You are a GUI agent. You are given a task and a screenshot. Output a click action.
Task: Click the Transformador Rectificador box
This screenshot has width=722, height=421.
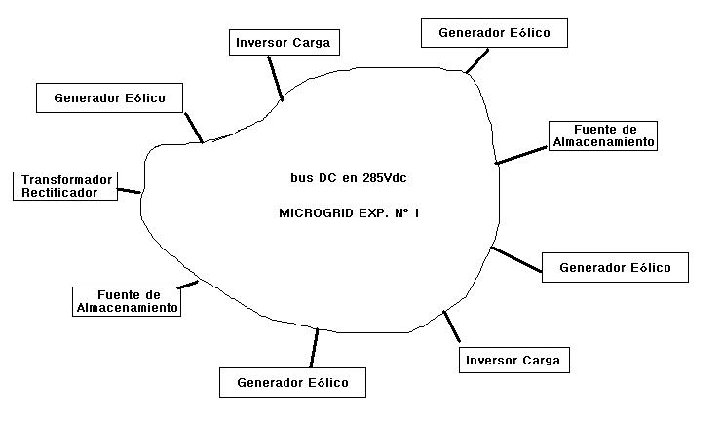(67, 186)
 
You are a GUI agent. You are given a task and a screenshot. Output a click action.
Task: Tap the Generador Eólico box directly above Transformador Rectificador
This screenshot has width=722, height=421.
(109, 97)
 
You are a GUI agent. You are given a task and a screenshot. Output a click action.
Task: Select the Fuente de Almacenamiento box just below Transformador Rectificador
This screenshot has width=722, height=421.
(127, 301)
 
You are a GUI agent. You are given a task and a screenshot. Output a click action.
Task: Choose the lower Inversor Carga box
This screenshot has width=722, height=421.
(513, 360)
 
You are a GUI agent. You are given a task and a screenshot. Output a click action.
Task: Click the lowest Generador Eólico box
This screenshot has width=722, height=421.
(292, 383)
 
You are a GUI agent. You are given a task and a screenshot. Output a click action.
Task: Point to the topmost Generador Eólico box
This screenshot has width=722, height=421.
(494, 32)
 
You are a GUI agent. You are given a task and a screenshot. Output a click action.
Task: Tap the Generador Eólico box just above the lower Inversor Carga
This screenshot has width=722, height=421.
(615, 267)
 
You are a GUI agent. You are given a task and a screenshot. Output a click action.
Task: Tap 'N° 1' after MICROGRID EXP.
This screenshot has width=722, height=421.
(406, 212)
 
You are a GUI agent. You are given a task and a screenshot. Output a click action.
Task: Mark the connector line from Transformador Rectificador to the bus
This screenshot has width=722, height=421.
(129, 191)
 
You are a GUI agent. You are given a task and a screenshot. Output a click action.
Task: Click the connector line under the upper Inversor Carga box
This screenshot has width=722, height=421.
(274, 77)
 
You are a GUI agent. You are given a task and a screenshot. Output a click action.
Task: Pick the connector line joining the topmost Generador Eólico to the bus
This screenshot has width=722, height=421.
(476, 59)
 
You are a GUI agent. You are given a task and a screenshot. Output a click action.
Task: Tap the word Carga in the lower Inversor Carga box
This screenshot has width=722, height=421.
(541, 360)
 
